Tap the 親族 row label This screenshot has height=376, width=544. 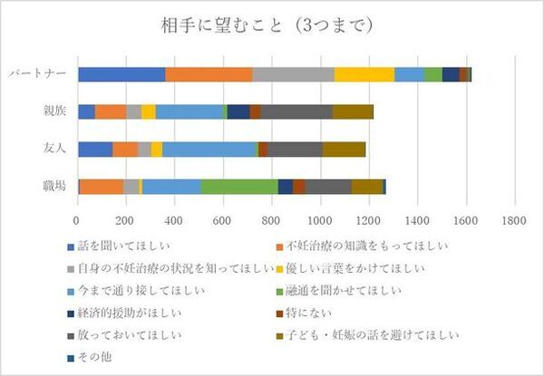(x=53, y=111)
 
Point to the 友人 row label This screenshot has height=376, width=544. (x=53, y=149)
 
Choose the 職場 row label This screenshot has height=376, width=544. (x=53, y=186)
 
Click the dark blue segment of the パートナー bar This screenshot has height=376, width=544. (x=451, y=74)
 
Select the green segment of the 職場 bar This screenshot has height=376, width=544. (x=238, y=186)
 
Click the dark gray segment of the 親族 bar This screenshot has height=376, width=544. (x=296, y=111)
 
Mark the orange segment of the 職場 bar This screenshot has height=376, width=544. (x=102, y=186)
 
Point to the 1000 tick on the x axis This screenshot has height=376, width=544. (x=320, y=218)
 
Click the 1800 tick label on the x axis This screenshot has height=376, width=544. (x=514, y=218)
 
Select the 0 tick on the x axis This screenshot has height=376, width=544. (x=77, y=218)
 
